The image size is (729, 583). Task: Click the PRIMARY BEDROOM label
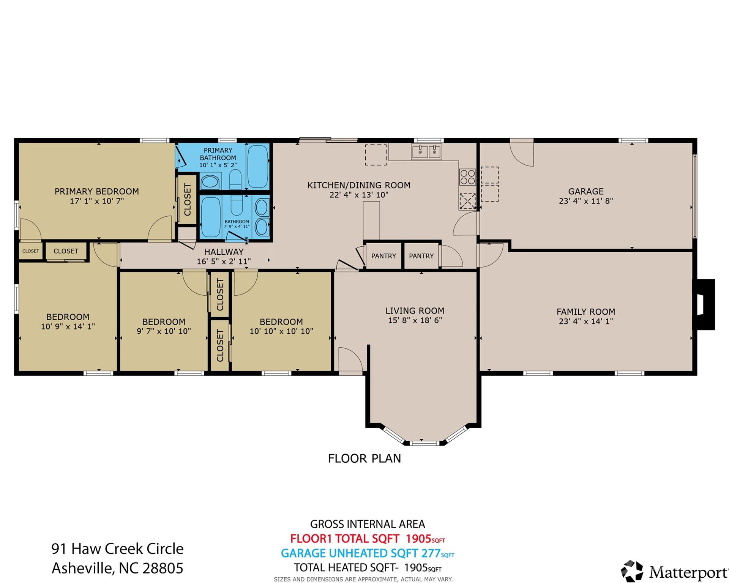tap(96, 191)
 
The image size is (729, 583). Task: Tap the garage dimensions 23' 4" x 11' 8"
tap(585, 201)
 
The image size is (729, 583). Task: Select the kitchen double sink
tap(426, 152)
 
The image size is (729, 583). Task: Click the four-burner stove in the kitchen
tap(467, 177)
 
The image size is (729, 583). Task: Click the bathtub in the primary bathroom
tap(258, 166)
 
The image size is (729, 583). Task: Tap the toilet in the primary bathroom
tap(236, 179)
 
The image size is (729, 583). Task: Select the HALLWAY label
tap(224, 252)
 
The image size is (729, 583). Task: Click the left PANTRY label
tap(383, 256)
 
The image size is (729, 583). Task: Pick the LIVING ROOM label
tap(415, 311)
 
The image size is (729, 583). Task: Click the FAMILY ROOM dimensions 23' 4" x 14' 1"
tap(585, 321)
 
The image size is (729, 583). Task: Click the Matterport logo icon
tap(632, 571)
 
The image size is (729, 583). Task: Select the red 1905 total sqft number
tap(418, 539)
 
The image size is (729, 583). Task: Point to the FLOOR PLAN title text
tap(364, 459)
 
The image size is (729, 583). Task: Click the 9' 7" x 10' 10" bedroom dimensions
tap(164, 331)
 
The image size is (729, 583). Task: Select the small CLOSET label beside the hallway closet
tap(30, 251)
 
